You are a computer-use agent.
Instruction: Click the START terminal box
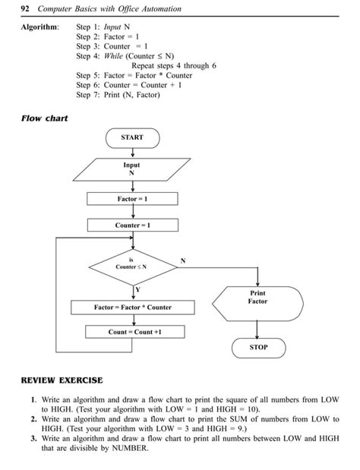[132, 138]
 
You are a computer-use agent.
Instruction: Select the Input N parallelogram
[132, 169]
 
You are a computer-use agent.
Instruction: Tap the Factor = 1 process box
[132, 199]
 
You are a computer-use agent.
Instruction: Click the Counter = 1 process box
[132, 226]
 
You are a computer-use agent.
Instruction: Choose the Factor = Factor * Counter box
[132, 308]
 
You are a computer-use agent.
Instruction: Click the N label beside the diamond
[182, 260]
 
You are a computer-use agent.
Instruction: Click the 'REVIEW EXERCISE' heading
[62, 380]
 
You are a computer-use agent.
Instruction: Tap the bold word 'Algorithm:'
[38, 26]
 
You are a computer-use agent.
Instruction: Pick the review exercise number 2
[34, 418]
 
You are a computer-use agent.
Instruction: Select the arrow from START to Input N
[132, 153]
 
